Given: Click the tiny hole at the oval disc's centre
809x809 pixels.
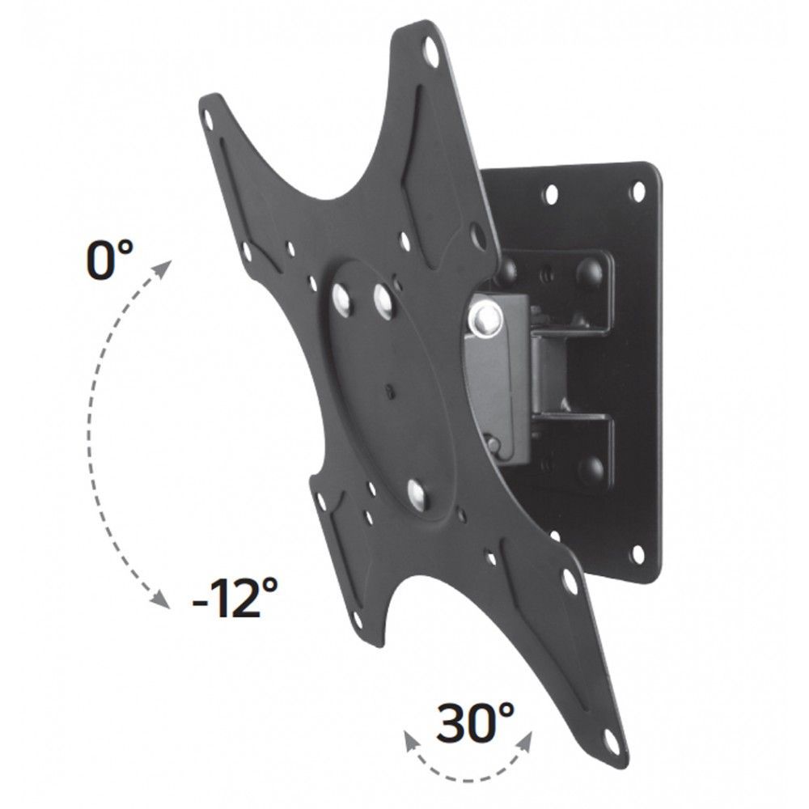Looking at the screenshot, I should [390, 392].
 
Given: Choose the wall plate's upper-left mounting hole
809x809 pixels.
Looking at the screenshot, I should [551, 195].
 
